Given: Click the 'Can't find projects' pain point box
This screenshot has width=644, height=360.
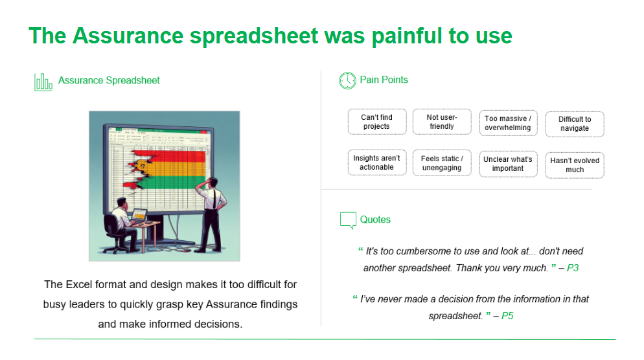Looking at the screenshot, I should [x=376, y=122].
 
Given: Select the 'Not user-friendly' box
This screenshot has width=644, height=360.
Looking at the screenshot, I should [x=441, y=122].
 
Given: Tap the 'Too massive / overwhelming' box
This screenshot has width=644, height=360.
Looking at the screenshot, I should [x=508, y=123].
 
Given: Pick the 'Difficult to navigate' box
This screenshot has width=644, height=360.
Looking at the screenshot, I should [x=575, y=124].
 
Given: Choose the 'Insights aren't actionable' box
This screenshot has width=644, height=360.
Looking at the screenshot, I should [x=376, y=163].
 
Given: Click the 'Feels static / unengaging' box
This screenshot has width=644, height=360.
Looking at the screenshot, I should [x=441, y=163].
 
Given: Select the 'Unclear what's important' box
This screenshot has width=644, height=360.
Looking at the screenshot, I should [x=508, y=164].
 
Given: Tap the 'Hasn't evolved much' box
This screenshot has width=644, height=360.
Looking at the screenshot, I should [x=575, y=165].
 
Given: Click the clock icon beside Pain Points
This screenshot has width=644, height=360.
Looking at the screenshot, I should [x=347, y=80].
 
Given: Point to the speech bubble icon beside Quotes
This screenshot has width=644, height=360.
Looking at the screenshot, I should [x=348, y=220].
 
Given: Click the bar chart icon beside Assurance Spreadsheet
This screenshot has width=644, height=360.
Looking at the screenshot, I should [x=43, y=82].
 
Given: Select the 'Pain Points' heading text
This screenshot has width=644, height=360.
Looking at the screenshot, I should [x=384, y=80].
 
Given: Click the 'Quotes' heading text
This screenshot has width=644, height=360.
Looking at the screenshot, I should [x=376, y=219].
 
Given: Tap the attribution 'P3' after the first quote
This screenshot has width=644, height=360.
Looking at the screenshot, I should [x=572, y=267].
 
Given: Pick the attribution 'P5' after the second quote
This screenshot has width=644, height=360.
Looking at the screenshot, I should [x=507, y=316].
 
